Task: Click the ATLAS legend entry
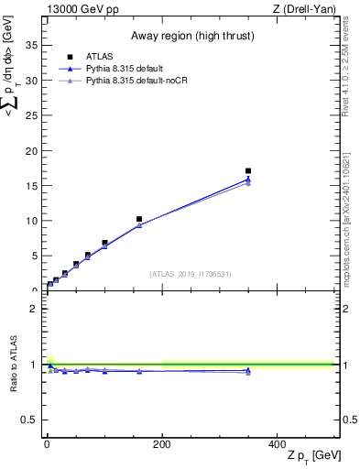[99, 57]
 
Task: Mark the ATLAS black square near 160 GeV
[139, 219]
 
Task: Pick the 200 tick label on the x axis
[162, 443]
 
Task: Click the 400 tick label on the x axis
[277, 443]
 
